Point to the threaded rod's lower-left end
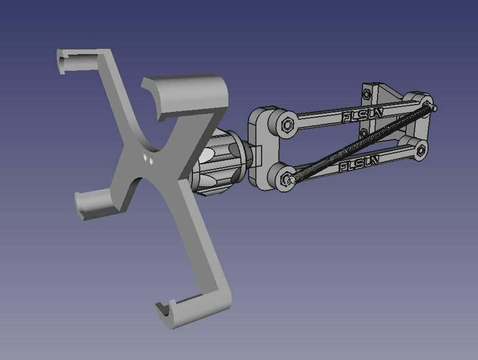click(287, 178)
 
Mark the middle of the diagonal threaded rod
click(358, 142)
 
